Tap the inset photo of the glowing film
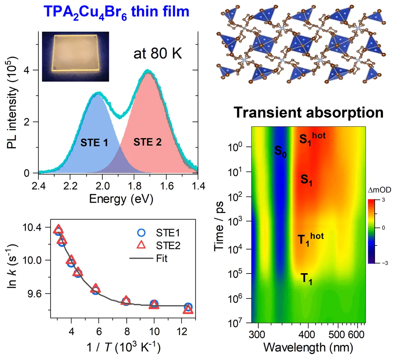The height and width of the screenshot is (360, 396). point(75,57)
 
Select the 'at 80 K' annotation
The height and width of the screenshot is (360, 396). point(158,54)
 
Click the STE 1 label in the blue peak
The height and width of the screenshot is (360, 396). point(94,142)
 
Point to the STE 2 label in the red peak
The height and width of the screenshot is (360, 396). point(147,142)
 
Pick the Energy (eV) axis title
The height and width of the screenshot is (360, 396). point(121,199)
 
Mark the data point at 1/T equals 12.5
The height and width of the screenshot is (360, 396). point(188,308)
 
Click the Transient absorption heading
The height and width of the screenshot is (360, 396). point(308,113)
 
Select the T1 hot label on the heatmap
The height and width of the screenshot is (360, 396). point(310,238)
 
